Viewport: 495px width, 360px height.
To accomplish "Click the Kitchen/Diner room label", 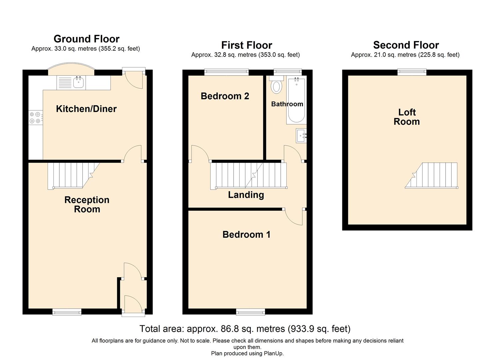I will tap(86, 109).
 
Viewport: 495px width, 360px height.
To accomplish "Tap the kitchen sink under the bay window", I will tap(78, 82).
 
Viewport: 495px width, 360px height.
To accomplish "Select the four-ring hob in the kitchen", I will tap(35, 118).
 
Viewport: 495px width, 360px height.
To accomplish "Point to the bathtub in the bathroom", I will tap(296, 101).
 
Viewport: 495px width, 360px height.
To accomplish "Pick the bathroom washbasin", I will tap(301, 136).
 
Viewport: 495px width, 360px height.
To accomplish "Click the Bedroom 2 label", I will tap(225, 96).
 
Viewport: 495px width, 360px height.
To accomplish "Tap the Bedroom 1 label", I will tap(246, 234).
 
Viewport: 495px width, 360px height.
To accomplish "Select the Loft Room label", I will tap(407, 117).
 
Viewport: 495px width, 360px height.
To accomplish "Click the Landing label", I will tap(246, 195).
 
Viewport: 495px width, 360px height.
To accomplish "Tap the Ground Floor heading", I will tap(86, 39).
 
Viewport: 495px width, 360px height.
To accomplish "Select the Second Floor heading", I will tap(406, 45).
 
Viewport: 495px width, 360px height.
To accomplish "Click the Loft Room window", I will tap(412, 71).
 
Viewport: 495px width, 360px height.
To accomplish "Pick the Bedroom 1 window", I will tap(251, 312).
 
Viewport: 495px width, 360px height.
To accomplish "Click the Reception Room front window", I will tap(67, 312).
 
